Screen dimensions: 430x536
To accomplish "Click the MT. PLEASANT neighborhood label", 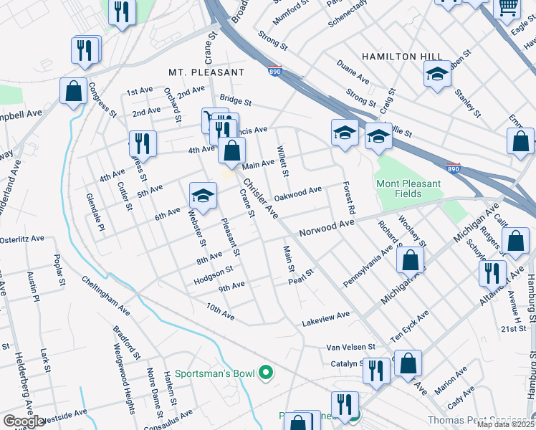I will (x=206, y=72).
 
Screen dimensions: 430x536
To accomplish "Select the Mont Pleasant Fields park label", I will (x=409, y=188).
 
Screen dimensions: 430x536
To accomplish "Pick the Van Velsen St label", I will (x=350, y=346).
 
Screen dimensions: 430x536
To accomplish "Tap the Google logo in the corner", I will (x=24, y=421).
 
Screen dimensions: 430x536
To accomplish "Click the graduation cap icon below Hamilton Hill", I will (x=437, y=74).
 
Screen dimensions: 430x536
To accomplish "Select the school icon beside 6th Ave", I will (x=203, y=196).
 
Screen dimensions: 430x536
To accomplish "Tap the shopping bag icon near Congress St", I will (x=73, y=91).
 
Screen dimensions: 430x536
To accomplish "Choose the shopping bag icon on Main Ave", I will (x=231, y=151).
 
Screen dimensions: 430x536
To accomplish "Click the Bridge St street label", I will (x=236, y=99).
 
